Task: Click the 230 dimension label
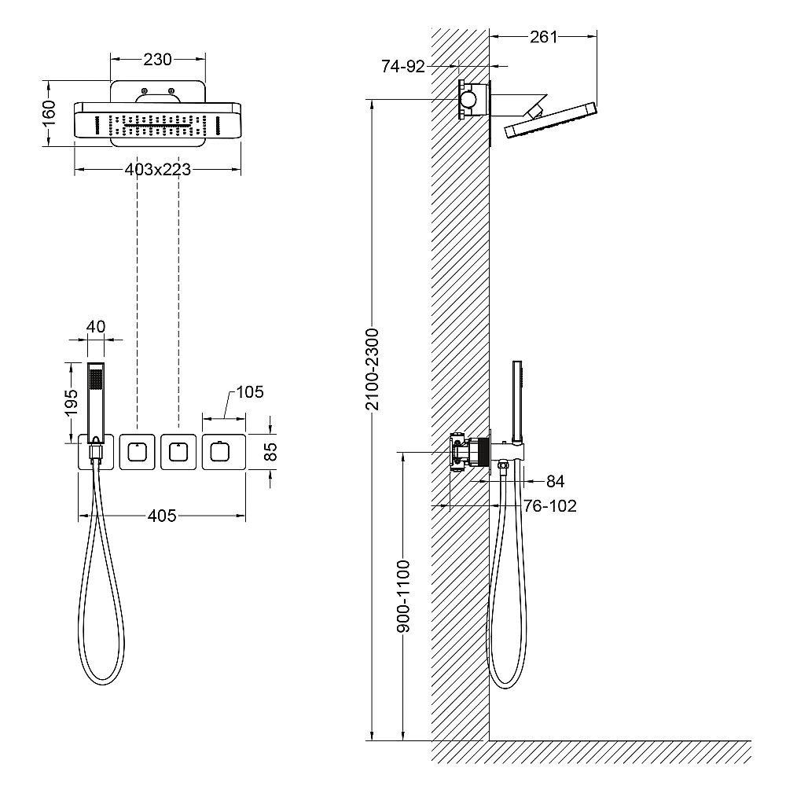tap(157, 60)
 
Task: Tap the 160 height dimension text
tap(49, 113)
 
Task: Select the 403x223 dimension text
tap(158, 170)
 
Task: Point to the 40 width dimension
tap(96, 327)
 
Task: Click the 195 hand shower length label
tap(72, 402)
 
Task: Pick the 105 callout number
tap(250, 392)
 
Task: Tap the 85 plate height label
tap(270, 452)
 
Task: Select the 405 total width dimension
tap(162, 516)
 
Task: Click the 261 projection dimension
tap(544, 37)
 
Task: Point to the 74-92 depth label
tap(403, 66)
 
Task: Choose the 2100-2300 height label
tap(373, 369)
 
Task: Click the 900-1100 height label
tap(403, 596)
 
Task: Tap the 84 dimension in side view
tap(556, 481)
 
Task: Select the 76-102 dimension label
tap(550, 505)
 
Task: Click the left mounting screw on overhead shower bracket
tap(145, 90)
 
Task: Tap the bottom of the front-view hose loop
tap(101, 684)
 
